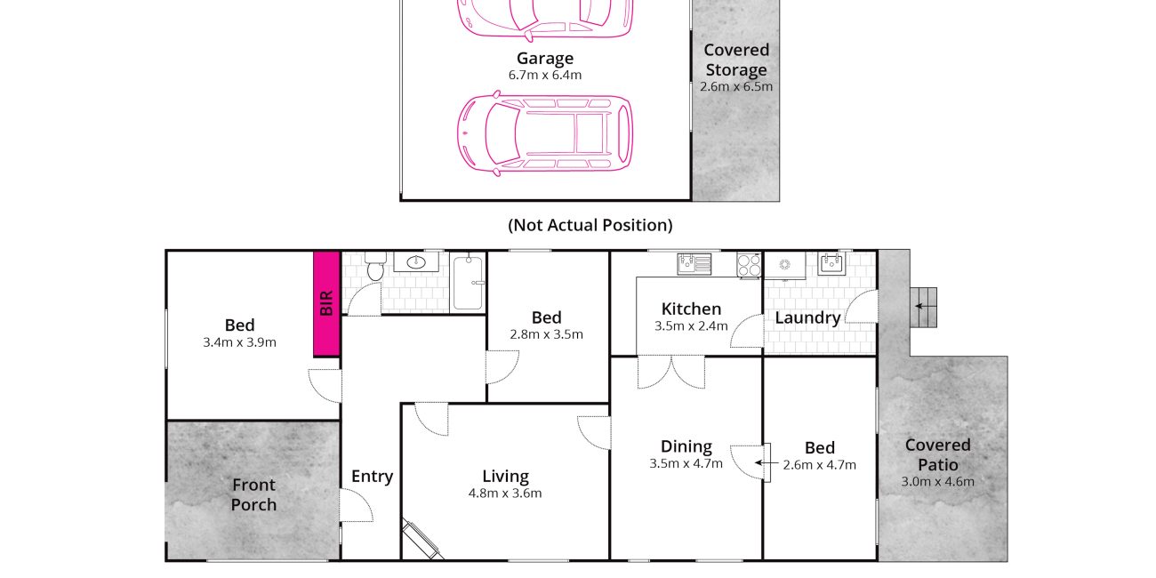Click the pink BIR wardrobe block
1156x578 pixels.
[x=326, y=303]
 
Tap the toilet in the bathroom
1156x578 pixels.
[x=375, y=266]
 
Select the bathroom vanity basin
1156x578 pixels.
[x=416, y=262]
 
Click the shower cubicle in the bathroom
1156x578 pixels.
[x=468, y=282]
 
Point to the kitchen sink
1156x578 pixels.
[x=694, y=264]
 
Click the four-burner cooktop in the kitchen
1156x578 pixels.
[x=749, y=265]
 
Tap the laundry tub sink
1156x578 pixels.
[x=831, y=264]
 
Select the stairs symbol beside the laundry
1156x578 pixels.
[x=923, y=307]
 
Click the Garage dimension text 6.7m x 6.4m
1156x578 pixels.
[x=545, y=75]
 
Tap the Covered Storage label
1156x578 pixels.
[x=736, y=60]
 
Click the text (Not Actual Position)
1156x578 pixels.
[x=590, y=225]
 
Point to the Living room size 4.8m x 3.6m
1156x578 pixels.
[x=505, y=494]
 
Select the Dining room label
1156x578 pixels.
[x=686, y=446]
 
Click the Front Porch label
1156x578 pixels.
[x=253, y=494]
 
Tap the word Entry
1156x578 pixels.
[x=372, y=477]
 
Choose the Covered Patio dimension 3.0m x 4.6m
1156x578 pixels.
[x=938, y=481]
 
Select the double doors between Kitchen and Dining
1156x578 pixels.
[x=671, y=372]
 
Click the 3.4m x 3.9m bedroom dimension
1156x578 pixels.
[x=239, y=342]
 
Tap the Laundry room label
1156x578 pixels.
[x=807, y=318]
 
